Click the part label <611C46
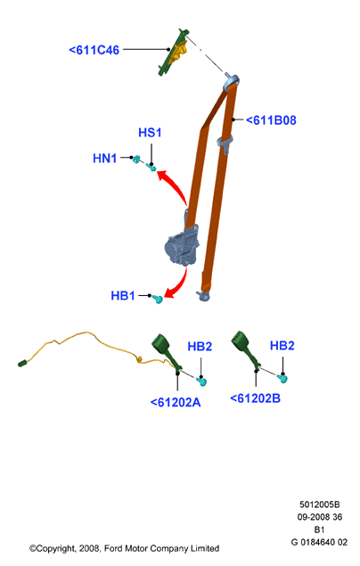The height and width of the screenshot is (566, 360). coord(94,50)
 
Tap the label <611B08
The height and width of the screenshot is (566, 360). coord(271,120)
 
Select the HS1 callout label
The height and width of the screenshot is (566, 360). coord(150,133)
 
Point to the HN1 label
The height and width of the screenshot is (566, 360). coord(104,158)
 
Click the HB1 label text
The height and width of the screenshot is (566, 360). coord(123,296)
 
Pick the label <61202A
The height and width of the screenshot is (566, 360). coord(176,402)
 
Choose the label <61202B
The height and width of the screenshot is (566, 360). coord(255,398)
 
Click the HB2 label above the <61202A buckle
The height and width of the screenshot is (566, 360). coord(200,347)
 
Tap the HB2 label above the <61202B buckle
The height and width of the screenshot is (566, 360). coord(282,346)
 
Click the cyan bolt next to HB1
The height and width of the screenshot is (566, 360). coord(159,299)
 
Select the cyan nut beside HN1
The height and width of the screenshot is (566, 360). coord(136,159)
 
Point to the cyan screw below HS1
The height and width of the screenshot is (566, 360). coord(151,168)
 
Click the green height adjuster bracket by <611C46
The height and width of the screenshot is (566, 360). coord(173,52)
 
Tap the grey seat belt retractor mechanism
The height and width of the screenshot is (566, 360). coord(182,246)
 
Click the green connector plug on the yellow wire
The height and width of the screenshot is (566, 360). coord(23,363)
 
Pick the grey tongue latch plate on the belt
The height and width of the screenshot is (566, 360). coord(225,143)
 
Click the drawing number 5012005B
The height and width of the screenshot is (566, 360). coord(320,504)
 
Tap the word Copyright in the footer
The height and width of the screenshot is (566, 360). coord(55,549)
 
